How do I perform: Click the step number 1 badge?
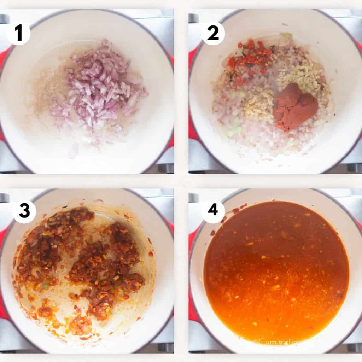18,34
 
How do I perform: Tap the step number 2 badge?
213,34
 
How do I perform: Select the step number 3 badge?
24,211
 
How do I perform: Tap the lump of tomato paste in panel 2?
296,106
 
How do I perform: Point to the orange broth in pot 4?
276,269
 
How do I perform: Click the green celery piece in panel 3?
45,286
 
